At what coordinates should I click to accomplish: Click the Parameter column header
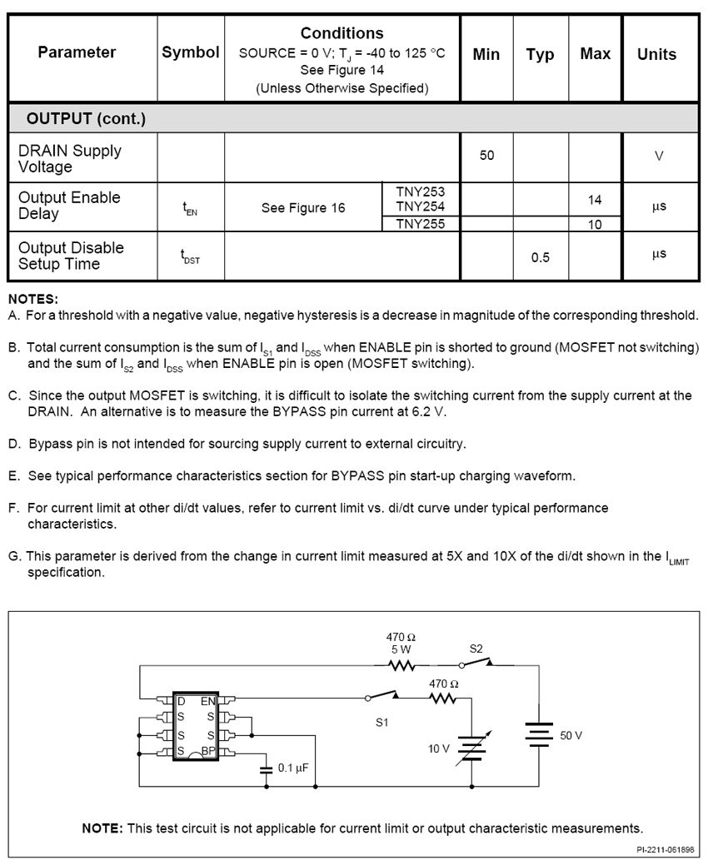coord(77,52)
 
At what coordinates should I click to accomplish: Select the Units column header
coord(656,54)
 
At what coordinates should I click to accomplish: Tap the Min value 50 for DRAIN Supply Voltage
coord(486,156)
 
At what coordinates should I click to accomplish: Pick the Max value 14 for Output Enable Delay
coord(595,200)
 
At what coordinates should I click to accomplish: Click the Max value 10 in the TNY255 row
coord(595,225)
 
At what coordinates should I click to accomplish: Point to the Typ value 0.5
coord(541,257)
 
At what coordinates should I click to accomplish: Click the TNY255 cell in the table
coord(421,224)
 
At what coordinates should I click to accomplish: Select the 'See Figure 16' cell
coord(303,208)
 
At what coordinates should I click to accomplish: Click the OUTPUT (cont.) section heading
coord(86,118)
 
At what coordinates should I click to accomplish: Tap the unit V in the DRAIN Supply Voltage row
coord(659,156)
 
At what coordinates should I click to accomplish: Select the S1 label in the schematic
coord(381,722)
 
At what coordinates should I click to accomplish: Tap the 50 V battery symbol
coord(539,735)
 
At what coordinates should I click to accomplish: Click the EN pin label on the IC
coord(208,701)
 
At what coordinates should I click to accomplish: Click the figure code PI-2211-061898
coord(664,850)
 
